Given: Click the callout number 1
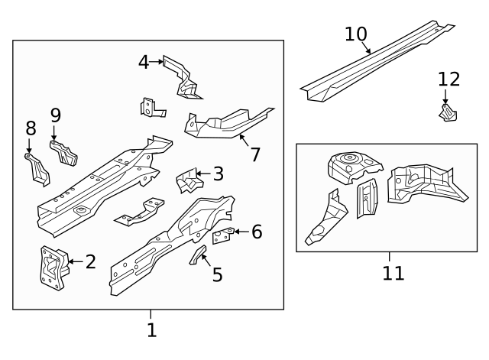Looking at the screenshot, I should [151, 330].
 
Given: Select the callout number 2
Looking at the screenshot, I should [90, 262].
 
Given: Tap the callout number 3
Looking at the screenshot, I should [218, 174].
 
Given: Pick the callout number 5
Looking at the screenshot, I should [217, 274].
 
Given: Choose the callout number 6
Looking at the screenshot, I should [256, 232].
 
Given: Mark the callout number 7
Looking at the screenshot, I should [254, 154].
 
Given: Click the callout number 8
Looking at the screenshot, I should [31, 128].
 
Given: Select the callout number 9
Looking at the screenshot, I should [55, 115].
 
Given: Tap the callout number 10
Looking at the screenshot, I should [356, 34].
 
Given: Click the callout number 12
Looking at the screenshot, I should [449, 79].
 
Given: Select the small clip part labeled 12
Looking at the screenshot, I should [447, 112].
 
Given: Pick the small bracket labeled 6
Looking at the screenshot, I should [222, 236].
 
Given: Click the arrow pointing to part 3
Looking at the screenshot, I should [202, 174].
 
